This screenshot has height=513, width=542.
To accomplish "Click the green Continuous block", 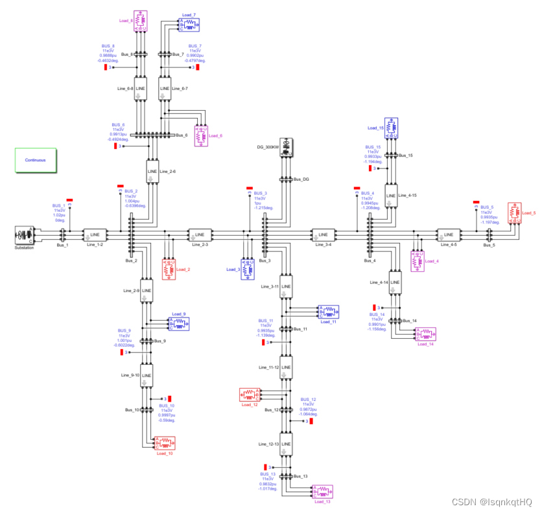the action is (36, 160).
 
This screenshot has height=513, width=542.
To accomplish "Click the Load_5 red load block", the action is (513, 212).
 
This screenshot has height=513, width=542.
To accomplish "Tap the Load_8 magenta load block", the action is (140, 21).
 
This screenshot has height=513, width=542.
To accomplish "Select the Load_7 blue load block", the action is (189, 25).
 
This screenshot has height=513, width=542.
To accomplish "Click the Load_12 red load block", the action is (250, 394).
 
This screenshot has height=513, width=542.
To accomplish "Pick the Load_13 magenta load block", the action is (322, 492).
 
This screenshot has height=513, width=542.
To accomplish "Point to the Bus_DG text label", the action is (301, 179).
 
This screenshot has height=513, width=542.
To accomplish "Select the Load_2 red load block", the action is (169, 269).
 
